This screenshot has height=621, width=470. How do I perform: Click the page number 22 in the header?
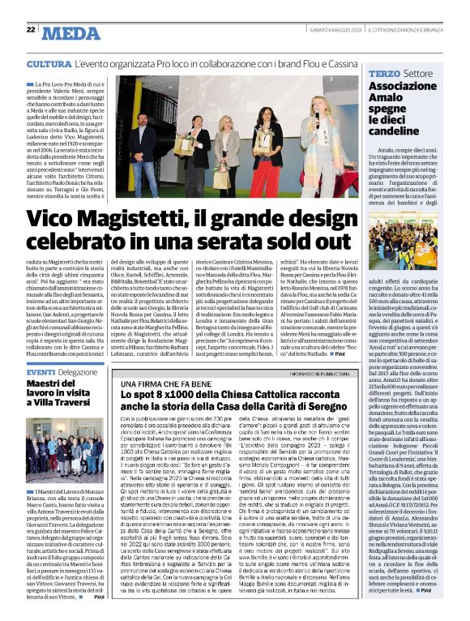[x=30, y=29]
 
